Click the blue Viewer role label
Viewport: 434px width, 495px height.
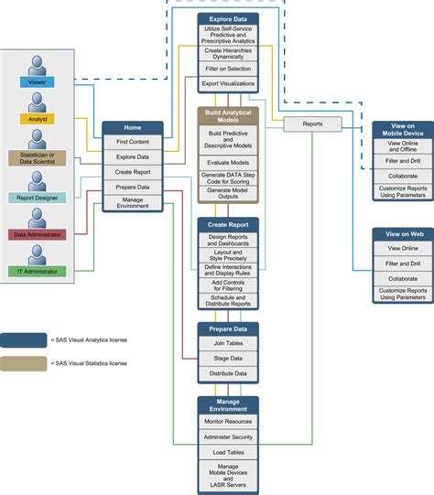(37, 82)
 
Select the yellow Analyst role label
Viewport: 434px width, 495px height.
(38, 119)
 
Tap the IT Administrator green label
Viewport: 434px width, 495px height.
(37, 272)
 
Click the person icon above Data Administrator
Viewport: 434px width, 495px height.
(37, 218)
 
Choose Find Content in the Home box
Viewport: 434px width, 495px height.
(133, 142)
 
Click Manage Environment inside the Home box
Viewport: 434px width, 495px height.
(133, 203)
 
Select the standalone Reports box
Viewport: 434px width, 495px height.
(313, 124)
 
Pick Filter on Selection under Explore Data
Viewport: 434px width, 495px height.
(228, 69)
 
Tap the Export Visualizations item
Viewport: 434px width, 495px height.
(228, 83)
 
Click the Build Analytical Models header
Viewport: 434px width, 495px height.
(228, 116)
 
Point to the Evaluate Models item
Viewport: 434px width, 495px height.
(228, 163)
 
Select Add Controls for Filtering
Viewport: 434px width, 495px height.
(228, 285)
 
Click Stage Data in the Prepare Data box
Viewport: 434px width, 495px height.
(228, 359)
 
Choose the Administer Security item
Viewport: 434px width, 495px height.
(228, 437)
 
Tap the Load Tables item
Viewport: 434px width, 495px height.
(228, 452)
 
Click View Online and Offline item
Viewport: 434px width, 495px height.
(403, 146)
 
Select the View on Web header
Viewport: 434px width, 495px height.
(405, 234)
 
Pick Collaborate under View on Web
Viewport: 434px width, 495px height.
(403, 279)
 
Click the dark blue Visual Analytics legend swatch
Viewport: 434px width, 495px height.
(24, 340)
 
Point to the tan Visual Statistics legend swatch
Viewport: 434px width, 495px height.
(24, 363)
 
